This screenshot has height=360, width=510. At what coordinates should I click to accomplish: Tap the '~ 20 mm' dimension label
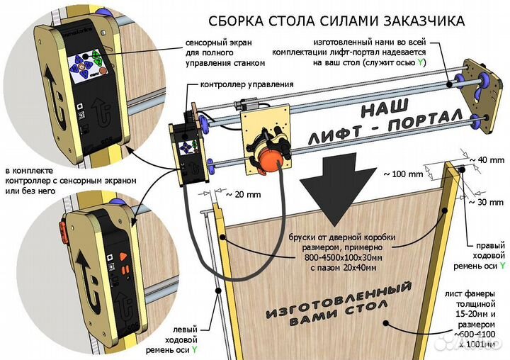click(241, 192)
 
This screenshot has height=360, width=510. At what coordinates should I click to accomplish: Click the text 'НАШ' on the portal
click(387, 107)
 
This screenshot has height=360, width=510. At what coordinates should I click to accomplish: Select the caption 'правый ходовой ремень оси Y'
click(485, 252)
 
